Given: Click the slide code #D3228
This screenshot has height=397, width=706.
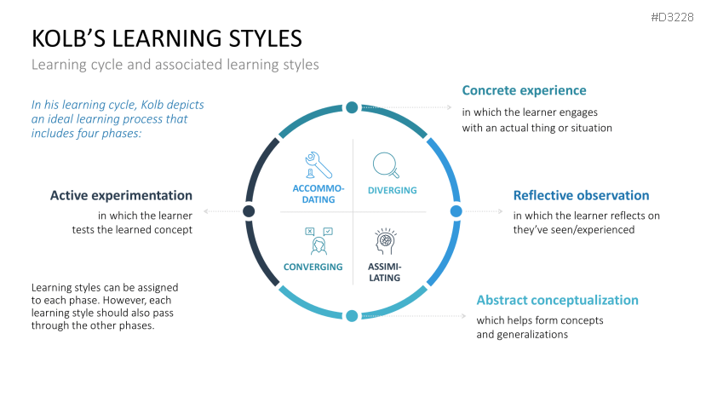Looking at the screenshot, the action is (672, 17).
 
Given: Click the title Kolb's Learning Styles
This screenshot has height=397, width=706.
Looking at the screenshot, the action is (167, 38).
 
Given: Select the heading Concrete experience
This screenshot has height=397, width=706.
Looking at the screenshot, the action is (524, 90).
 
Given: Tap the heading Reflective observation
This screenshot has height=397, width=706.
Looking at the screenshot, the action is (582, 195).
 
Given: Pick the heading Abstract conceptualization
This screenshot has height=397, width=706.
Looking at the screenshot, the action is (558, 300).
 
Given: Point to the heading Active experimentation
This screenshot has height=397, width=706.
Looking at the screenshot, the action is (121, 195).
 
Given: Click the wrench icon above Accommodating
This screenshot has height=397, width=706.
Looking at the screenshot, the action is (318, 165).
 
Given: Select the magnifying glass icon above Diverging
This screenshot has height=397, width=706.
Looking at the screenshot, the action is (386, 165).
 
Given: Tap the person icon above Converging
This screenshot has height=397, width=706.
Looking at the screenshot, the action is (319, 241).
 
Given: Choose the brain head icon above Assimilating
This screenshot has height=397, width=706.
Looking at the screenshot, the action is (386, 241).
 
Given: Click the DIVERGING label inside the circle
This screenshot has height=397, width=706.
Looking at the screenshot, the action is (392, 190).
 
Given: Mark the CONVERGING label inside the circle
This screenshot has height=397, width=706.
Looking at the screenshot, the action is (313, 267).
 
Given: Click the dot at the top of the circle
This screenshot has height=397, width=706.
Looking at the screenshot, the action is (352, 107).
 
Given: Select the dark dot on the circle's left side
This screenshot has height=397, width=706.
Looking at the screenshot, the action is (249, 211).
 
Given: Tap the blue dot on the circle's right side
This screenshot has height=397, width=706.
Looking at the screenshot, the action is (456, 211).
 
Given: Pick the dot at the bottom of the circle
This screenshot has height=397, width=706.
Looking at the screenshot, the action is (352, 316).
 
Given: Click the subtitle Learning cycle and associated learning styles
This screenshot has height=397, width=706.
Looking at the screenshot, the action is (175, 65).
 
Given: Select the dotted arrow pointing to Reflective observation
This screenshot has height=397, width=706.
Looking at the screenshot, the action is (484, 211).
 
